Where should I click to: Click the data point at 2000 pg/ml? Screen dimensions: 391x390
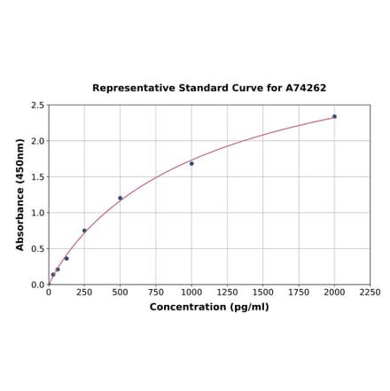tap(334, 116)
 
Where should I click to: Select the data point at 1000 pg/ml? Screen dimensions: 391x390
tap(191, 163)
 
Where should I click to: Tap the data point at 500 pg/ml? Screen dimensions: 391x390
tap(121, 198)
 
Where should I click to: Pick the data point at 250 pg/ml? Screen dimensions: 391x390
tap(84, 231)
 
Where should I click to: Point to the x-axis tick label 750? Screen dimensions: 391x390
tap(156, 292)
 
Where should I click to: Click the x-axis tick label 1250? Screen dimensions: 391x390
tap(227, 292)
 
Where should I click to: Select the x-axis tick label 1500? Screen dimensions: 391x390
tap(263, 292)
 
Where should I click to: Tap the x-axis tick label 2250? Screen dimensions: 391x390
tap(370, 292)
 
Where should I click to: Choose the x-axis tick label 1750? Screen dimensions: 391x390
tap(299, 292)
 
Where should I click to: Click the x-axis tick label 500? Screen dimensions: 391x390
tap(121, 292)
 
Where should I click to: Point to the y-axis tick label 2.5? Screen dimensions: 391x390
tap(38, 106)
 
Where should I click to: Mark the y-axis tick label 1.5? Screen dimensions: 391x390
tap(38, 177)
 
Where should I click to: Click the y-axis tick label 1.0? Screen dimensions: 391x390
tap(38, 213)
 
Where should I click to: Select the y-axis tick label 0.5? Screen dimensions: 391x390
tap(38, 249)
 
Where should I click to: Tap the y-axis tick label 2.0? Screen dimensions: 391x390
tap(38, 141)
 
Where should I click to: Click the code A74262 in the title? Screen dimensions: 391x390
tap(306, 89)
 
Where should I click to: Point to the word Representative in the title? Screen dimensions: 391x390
tap(129, 89)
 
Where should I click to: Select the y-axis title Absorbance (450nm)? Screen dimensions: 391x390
tap(19, 194)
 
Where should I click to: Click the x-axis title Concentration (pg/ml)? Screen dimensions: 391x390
tap(209, 307)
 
